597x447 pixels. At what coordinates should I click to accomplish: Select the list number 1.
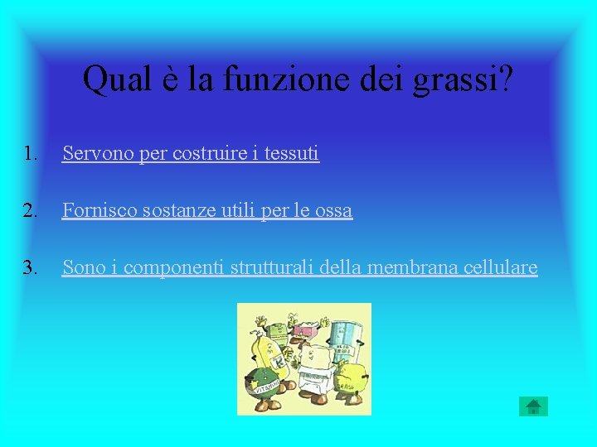click(x=31, y=153)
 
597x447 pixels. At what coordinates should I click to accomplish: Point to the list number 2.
click(x=31, y=211)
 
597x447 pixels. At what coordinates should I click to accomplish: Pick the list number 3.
click(x=31, y=268)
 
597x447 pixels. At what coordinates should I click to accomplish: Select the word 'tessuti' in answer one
click(x=292, y=153)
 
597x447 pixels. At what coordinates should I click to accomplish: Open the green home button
click(x=533, y=406)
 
